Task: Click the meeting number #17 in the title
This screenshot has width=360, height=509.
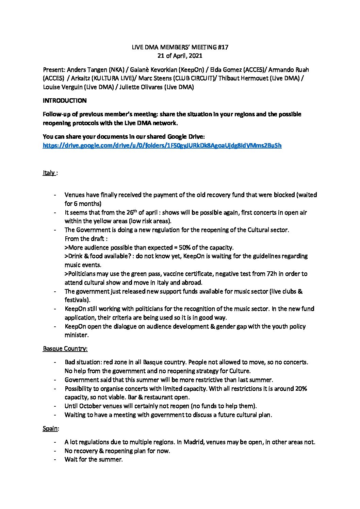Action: (224, 47)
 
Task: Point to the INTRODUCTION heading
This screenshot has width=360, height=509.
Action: (65, 101)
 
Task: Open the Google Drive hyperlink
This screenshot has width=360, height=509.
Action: (162, 146)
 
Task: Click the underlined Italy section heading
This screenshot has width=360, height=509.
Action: (49, 173)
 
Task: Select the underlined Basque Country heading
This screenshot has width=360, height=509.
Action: (65, 349)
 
